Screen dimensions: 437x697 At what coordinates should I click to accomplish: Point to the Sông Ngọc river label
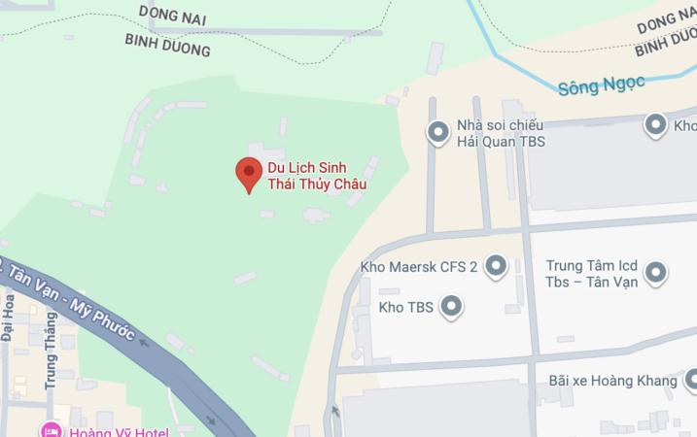[x=601, y=85]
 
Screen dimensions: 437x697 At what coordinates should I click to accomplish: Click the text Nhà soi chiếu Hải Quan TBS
[x=500, y=133]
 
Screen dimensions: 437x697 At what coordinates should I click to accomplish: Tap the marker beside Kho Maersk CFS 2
[x=497, y=266]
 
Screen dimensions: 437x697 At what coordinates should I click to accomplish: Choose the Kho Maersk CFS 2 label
[x=419, y=267]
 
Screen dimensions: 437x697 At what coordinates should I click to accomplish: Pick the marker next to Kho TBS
[x=451, y=308]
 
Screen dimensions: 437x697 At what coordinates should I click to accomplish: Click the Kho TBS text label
[x=405, y=308]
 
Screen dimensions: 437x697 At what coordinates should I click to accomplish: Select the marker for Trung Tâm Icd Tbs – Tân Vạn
[x=656, y=273]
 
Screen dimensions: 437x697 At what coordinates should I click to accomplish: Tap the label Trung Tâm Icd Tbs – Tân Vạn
[x=591, y=273]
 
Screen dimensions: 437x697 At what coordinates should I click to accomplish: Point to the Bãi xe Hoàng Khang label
[x=612, y=381]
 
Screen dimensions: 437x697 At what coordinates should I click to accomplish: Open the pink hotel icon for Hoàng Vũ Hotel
[x=50, y=431]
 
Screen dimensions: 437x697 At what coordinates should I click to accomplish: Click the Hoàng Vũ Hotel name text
[x=119, y=432]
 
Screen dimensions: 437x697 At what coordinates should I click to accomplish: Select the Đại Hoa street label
[x=8, y=319]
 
